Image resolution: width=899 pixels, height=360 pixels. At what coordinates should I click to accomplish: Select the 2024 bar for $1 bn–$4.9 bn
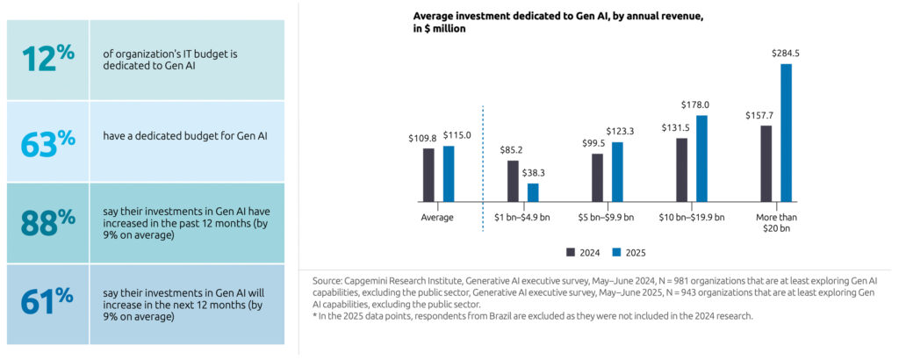point(513,181)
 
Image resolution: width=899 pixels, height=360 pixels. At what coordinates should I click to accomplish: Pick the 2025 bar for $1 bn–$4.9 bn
point(533,192)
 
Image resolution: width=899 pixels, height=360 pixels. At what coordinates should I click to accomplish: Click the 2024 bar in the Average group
point(428,175)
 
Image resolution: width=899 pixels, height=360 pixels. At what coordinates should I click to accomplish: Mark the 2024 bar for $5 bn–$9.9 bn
point(597,177)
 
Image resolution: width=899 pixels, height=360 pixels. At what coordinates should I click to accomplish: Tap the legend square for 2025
point(616,252)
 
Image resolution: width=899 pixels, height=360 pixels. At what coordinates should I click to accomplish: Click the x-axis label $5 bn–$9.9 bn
point(608,217)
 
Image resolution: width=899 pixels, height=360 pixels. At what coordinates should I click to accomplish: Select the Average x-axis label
point(438,217)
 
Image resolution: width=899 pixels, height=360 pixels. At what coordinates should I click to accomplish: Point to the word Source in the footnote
point(327,280)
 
